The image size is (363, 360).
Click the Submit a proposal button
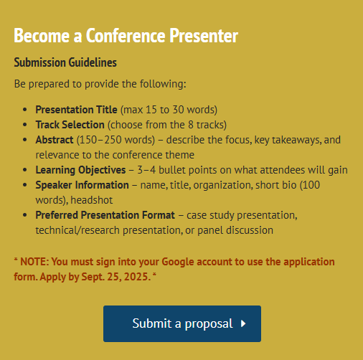tap(182, 323)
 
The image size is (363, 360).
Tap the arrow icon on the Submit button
tap(243, 323)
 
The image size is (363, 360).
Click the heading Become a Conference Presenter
tap(126, 36)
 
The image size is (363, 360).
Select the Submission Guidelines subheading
tap(65, 62)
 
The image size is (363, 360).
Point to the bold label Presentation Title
tap(76, 110)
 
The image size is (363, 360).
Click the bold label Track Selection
tap(70, 125)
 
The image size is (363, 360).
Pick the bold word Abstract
tap(55, 140)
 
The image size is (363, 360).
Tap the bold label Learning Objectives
tap(80, 170)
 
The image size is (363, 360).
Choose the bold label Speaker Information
tap(82, 185)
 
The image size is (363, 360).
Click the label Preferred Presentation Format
tap(105, 215)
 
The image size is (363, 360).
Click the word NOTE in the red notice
tap(34, 262)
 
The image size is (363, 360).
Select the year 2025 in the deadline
tap(136, 277)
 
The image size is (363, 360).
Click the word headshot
tap(92, 200)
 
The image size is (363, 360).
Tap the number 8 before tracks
tap(191, 125)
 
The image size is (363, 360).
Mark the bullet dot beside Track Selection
tap(25, 125)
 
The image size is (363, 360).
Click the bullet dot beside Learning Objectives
tap(25, 170)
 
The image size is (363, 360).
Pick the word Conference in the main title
tap(126, 36)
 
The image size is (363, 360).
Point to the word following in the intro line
tap(163, 84)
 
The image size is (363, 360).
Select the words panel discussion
tap(235, 230)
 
